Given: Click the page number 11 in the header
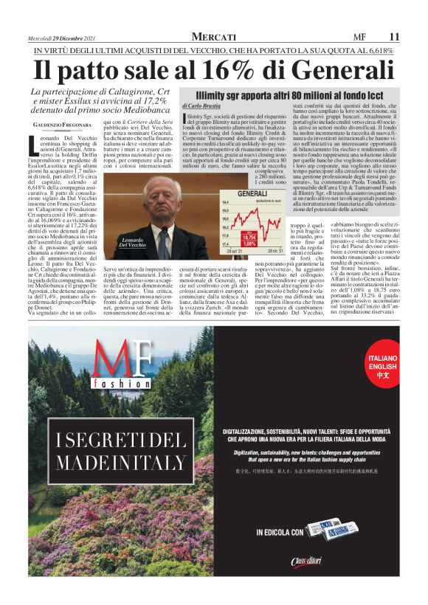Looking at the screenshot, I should point(394,36).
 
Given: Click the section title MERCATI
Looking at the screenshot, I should point(214,36).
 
